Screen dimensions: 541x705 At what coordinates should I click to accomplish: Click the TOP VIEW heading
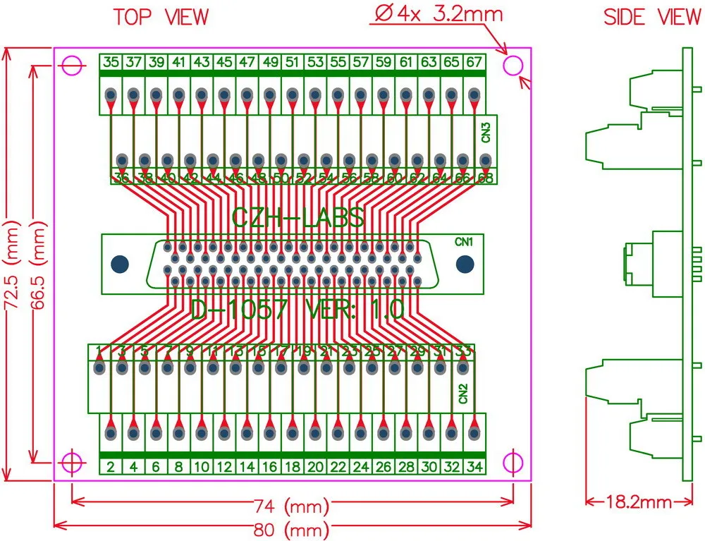pos(161,17)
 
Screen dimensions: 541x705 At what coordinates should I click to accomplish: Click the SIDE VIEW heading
pos(651,18)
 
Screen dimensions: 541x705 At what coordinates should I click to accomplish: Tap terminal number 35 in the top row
pos(111,62)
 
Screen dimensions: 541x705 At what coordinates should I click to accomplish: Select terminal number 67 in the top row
pos(474,62)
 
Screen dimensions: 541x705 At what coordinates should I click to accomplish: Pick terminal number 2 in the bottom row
pos(111,466)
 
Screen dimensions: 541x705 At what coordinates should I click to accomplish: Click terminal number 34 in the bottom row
pos(474,466)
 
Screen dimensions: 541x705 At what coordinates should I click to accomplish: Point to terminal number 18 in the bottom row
pos(293,466)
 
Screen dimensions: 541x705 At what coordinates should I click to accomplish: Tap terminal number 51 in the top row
pos(293,62)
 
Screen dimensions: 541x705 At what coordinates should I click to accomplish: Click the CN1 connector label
pos(463,242)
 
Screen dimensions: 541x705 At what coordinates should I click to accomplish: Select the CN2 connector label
pos(463,393)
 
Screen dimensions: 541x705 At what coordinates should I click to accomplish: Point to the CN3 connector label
pos(486,133)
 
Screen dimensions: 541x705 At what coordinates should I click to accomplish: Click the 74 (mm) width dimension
pos(291,505)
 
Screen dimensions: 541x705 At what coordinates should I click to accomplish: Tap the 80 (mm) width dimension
pos(291,529)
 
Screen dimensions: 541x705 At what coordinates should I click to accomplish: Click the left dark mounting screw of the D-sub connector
pos(121,265)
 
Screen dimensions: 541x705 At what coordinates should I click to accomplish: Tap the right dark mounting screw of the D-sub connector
pos(465,265)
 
